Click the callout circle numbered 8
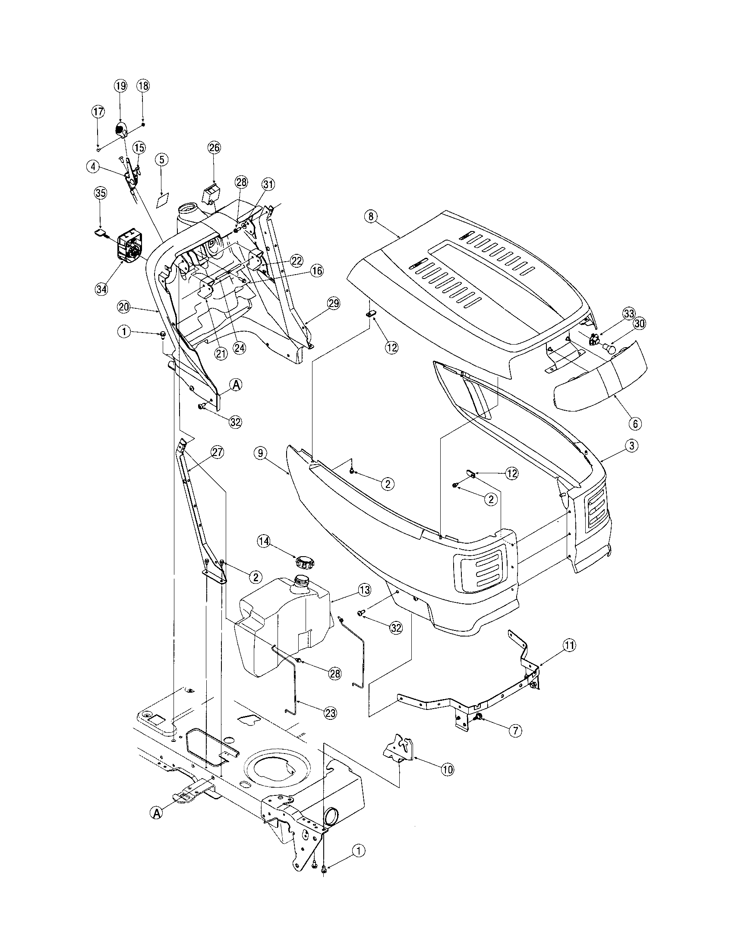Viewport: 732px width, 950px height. coord(371,217)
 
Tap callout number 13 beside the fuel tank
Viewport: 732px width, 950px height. coord(364,590)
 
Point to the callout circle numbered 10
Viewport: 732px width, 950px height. coord(447,769)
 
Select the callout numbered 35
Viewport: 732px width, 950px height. coord(101,193)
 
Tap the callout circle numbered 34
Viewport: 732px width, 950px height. coord(101,289)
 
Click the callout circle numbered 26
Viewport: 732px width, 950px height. coord(215,148)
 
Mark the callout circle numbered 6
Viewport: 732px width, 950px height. coord(634,422)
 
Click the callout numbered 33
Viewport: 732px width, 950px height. coord(628,313)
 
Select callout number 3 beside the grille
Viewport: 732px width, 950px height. coord(631,446)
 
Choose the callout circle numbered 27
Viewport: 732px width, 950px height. coord(218,453)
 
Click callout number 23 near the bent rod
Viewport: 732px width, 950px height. coord(330,713)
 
